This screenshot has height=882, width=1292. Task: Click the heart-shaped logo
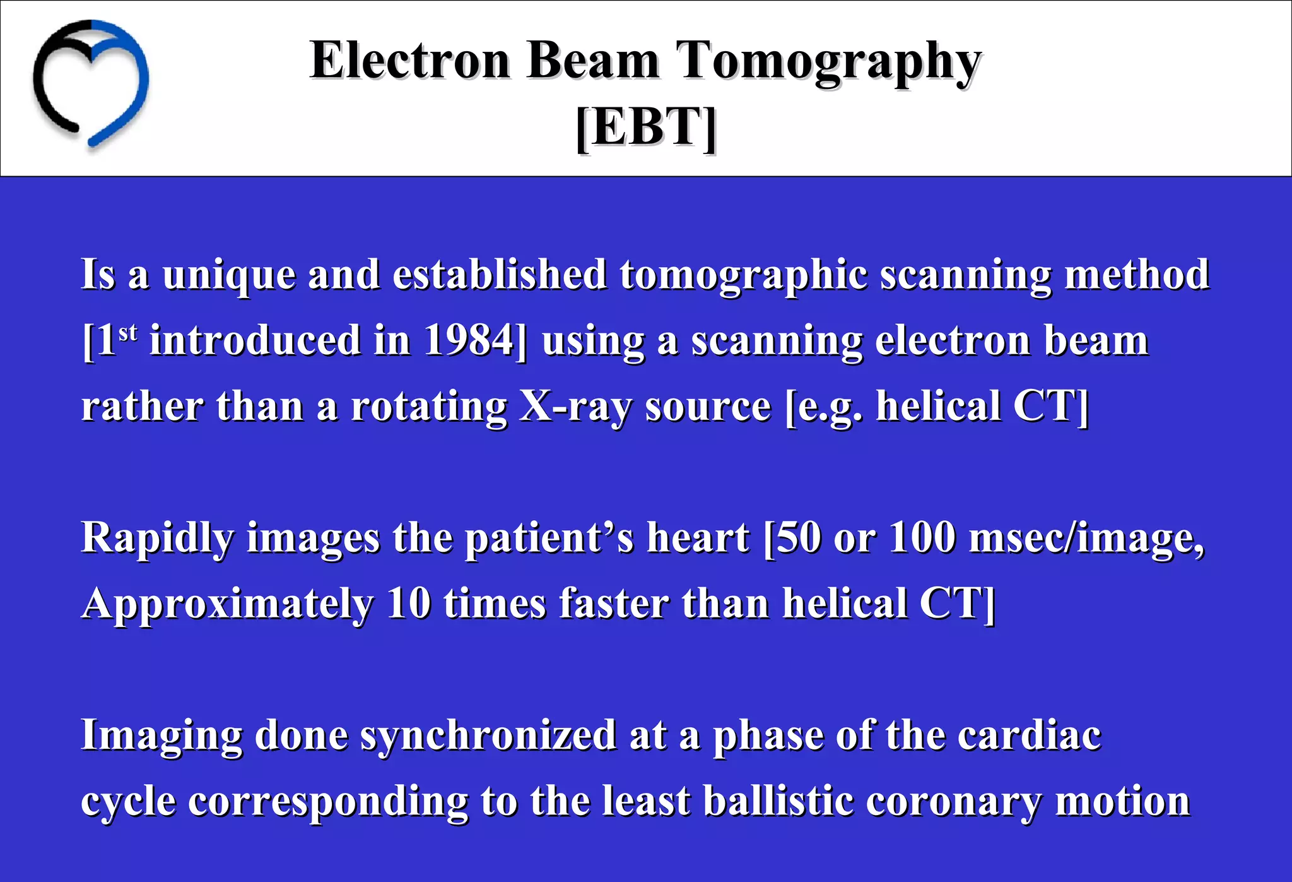90,82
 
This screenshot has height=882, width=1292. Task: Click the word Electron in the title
409,61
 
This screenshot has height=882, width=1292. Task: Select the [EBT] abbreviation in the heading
646,128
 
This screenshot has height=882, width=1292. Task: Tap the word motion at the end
1122,802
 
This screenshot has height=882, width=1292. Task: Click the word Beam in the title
592,61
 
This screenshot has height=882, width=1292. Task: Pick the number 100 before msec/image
922,539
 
